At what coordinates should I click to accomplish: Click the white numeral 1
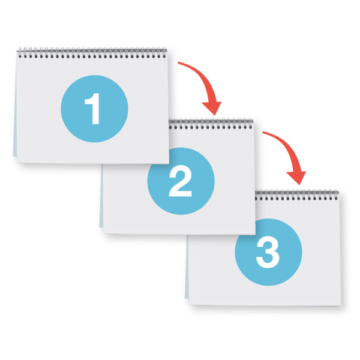(93, 109)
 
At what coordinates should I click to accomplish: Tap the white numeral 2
(181, 181)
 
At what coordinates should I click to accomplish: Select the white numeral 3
(268, 252)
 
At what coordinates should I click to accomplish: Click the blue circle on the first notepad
(94, 109)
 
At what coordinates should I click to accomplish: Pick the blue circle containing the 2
(181, 181)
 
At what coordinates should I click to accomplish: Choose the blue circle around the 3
(268, 252)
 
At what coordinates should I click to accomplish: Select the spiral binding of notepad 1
(92, 53)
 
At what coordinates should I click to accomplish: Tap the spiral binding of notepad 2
(211, 124)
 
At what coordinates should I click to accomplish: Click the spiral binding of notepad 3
(297, 194)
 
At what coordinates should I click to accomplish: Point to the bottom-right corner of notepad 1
(169, 164)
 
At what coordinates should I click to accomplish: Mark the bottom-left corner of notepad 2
(103, 233)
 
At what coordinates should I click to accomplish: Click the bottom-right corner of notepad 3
(341, 305)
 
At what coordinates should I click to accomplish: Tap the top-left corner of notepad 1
(17, 52)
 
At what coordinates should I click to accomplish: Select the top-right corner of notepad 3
(339, 193)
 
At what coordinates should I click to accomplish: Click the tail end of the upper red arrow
(178, 62)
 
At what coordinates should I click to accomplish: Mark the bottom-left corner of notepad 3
(189, 304)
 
